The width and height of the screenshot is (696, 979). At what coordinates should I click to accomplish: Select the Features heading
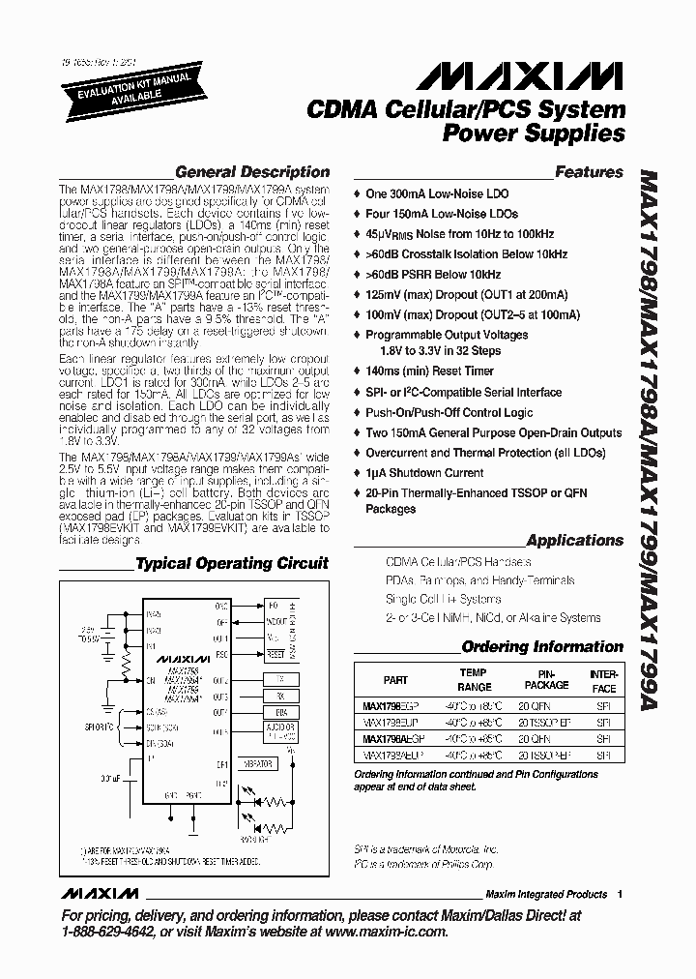pos(589,172)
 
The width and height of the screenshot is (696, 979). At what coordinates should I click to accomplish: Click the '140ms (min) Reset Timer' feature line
pos(429,371)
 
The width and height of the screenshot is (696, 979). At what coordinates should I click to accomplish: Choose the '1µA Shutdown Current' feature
pos(424,473)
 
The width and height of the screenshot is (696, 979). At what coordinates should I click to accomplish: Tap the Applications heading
pos(574,541)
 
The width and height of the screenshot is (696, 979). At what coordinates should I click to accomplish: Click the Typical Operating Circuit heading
pos(231,563)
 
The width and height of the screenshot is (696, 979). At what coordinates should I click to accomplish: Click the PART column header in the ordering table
pos(395,680)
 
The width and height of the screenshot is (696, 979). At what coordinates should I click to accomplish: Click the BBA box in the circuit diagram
pos(280,711)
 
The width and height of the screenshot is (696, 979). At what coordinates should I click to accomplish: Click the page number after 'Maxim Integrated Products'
pos(620,894)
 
